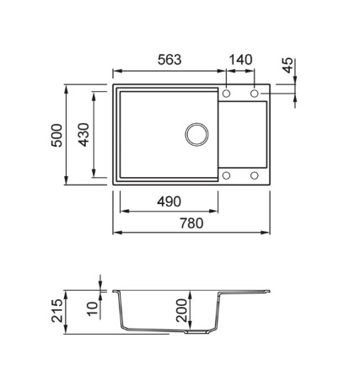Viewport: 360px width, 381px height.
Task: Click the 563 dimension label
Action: [169, 60]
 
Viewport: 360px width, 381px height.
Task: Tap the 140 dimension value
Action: [241, 60]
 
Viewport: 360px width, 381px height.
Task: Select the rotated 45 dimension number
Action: [287, 66]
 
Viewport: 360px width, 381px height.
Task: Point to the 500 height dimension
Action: [56, 135]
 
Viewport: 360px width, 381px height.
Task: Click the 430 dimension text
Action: [83, 135]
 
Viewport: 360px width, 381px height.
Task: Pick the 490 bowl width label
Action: [169, 201]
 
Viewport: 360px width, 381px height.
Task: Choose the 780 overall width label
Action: [191, 223]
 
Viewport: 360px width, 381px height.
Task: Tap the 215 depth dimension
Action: [57, 310]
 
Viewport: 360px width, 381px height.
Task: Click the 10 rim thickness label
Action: [93, 309]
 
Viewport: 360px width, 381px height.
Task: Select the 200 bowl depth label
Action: [181, 310]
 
